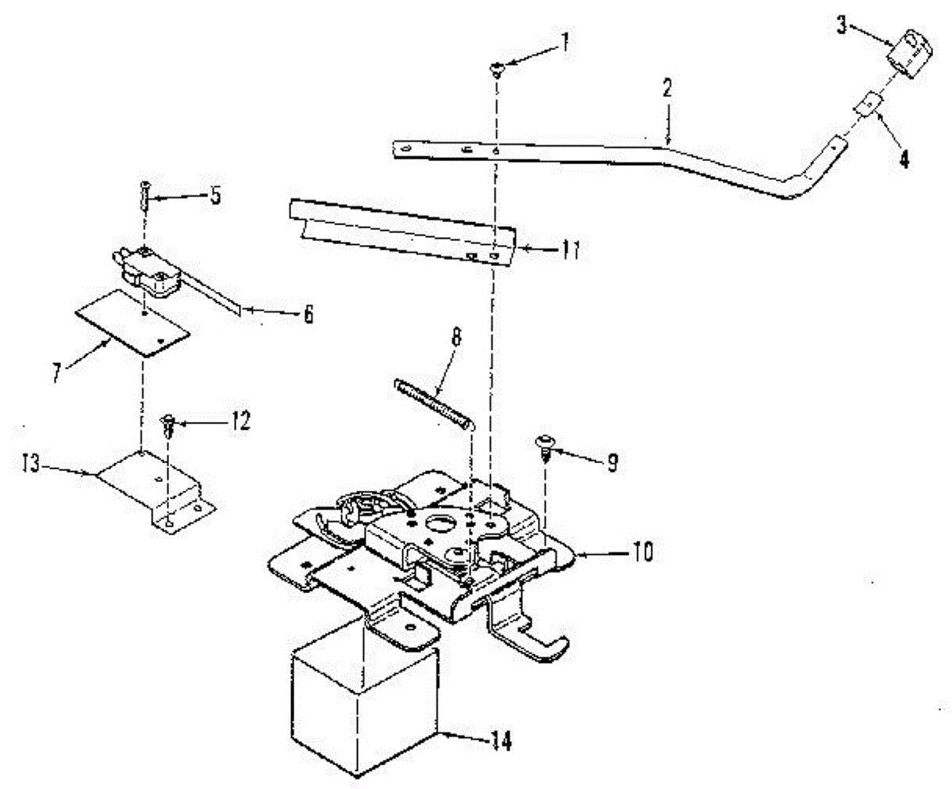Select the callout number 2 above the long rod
667,88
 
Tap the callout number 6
307,315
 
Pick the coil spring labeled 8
433,403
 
